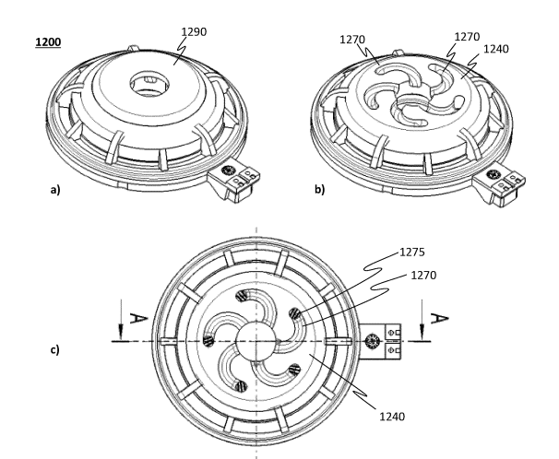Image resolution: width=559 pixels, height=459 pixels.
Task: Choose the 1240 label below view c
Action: pos(390,415)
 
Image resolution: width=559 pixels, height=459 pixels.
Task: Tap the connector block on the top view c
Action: pos(385,341)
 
